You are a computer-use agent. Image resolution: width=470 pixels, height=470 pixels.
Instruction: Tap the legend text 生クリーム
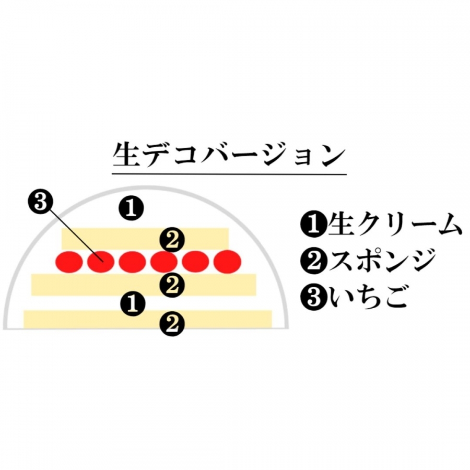[394, 224]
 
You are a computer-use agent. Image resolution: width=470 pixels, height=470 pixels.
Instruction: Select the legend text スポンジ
[382, 260]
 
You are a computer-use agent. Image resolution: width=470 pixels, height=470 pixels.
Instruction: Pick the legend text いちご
[368, 297]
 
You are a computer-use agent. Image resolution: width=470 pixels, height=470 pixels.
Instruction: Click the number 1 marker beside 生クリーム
[313, 225]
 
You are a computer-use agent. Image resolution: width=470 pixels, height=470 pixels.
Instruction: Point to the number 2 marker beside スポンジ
[313, 261]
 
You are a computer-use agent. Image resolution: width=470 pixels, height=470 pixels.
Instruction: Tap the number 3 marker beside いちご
[313, 297]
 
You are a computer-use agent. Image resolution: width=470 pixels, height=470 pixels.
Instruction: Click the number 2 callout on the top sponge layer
[172, 240]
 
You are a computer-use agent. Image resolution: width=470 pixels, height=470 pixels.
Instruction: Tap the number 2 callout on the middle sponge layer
[172, 285]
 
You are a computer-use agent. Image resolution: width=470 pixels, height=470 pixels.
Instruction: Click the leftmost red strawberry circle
[69, 262]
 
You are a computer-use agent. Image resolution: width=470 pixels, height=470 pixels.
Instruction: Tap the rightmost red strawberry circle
[227, 262]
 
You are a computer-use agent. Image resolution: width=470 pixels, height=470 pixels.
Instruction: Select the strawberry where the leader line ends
[101, 262]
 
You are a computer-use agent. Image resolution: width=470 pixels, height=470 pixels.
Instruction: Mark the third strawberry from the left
[133, 262]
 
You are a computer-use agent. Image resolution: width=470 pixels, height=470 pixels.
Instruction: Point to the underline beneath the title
[229, 174]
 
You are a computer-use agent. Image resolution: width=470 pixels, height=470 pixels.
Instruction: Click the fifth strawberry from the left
[196, 262]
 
